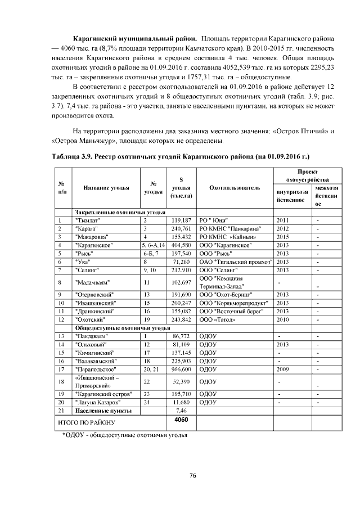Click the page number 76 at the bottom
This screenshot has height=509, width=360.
click(x=192, y=476)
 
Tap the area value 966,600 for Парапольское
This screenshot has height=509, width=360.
click(x=182, y=369)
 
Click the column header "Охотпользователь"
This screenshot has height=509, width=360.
click(x=235, y=187)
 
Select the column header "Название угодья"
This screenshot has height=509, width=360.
click(x=106, y=187)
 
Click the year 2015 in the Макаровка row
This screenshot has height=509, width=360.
click(x=282, y=237)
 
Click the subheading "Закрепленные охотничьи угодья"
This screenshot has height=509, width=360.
click(x=120, y=212)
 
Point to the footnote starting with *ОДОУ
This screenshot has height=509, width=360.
click(x=123, y=435)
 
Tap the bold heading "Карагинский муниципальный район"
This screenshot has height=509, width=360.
click(x=134, y=38)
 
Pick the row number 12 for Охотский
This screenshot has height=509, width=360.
click(x=60, y=319)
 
